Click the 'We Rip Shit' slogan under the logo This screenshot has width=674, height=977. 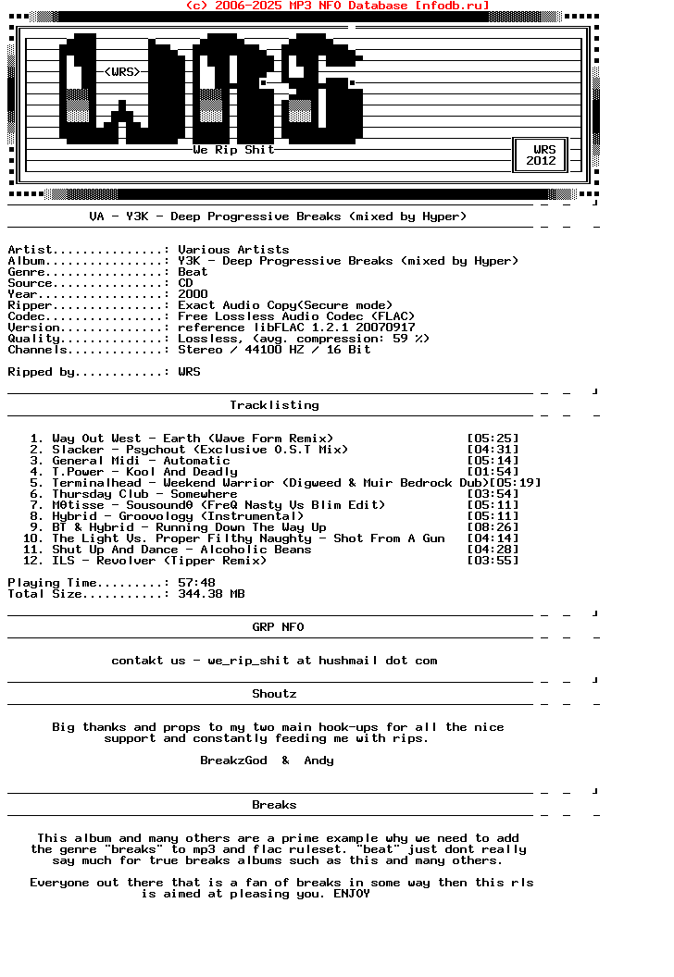click(233, 150)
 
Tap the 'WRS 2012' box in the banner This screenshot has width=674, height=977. click(542, 155)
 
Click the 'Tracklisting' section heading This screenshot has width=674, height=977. click(274, 405)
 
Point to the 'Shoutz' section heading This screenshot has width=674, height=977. click(274, 694)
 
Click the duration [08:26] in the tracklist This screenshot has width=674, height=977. click(493, 527)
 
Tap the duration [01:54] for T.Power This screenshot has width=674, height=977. click(493, 472)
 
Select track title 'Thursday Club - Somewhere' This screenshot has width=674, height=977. click(144, 494)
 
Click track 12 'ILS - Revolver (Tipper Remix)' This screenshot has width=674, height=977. click(159, 561)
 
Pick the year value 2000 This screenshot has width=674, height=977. click(193, 294)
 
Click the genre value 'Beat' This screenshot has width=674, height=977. click(193, 272)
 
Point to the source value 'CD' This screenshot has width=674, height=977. click(185, 283)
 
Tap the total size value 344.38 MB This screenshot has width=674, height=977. click(211, 594)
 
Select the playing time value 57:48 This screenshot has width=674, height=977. click(196, 583)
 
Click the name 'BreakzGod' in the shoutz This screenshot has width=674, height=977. click(233, 761)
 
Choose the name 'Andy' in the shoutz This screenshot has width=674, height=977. click(318, 761)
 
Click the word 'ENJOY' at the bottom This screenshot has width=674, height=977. click(352, 894)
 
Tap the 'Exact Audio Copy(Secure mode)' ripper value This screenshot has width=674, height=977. click(285, 305)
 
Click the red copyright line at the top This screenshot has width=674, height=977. click(337, 6)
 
